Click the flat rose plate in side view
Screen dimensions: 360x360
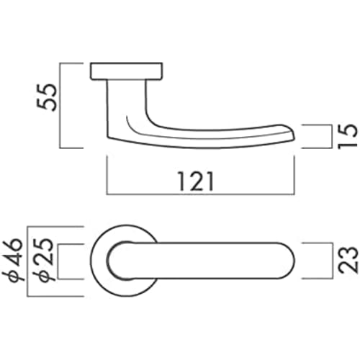coord(126,71)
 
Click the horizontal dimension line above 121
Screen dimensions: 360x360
coord(202,194)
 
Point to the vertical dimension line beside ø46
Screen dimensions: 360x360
coord(30,261)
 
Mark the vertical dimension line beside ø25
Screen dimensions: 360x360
coord(57,261)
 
